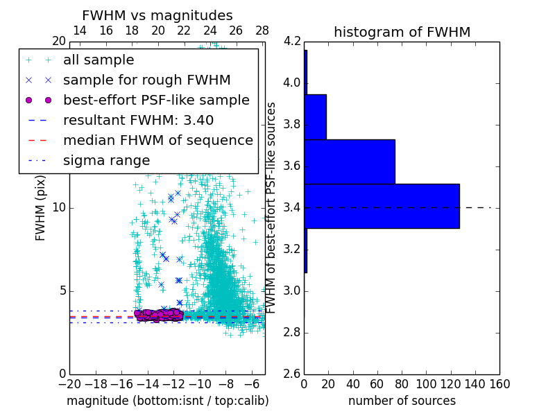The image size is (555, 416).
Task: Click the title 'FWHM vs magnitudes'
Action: click(x=157, y=15)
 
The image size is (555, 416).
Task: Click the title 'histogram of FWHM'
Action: click(x=402, y=32)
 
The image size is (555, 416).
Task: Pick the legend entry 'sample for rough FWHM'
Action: click(x=146, y=80)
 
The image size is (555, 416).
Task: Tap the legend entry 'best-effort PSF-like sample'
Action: click(x=156, y=100)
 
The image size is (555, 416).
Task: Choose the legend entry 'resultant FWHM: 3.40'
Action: click(x=138, y=120)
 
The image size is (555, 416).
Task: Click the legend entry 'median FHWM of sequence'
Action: click(x=157, y=140)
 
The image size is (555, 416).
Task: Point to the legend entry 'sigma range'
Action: click(x=106, y=160)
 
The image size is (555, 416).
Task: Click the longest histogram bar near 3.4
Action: click(x=382, y=206)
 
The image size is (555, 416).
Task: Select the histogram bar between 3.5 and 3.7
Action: click(x=350, y=162)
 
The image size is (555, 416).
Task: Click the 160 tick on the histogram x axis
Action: click(x=499, y=383)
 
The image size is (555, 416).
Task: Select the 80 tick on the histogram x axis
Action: click(x=402, y=383)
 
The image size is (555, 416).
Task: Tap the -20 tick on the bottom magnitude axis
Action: click(x=69, y=383)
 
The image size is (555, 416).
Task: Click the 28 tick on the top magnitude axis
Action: click(x=262, y=31)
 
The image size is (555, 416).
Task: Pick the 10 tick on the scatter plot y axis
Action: click(x=59, y=207)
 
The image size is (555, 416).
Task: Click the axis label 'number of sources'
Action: click(x=402, y=401)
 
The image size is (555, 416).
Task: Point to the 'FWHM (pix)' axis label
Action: click(x=41, y=207)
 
